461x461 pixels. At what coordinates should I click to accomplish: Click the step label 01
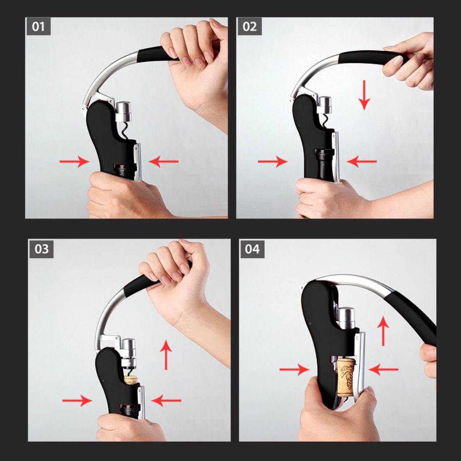coord(38,26)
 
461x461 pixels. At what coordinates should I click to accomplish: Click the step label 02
coord(249,26)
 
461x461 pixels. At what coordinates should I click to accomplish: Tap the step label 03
coord(41,249)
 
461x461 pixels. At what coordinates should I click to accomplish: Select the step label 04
coord(252,249)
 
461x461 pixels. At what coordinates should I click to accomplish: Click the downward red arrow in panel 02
coord(364,95)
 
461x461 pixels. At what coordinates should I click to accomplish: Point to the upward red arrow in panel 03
coord(166,355)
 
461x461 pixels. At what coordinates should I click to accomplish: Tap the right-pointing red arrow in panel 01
coord(74,161)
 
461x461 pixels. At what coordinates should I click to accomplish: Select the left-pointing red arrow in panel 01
coord(163,161)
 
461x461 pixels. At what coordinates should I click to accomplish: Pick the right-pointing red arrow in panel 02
coord(272,161)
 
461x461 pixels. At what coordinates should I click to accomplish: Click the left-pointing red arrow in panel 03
coord(166,400)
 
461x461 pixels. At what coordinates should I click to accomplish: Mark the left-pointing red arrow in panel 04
coord(383,369)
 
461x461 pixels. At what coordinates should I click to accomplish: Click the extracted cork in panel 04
coord(345,376)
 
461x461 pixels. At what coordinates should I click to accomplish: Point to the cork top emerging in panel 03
coord(131,379)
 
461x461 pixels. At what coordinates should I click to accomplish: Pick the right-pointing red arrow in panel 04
coord(294,369)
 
